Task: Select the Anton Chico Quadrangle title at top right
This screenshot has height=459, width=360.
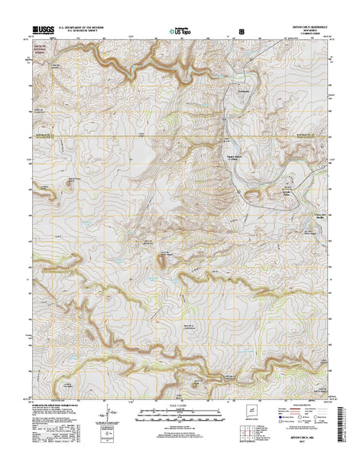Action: [x=304, y=30]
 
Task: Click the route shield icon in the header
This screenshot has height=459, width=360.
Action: [x=243, y=33]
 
